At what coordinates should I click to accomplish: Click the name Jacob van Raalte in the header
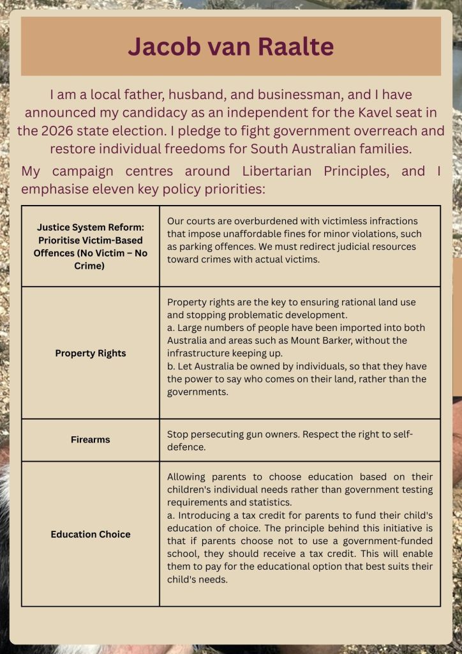click(230, 47)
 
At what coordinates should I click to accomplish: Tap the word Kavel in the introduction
click(359, 113)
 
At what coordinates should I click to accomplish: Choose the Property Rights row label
click(91, 353)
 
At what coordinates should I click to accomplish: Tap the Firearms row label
click(91, 439)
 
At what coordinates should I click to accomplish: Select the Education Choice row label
click(91, 534)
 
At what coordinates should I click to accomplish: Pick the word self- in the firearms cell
click(402, 434)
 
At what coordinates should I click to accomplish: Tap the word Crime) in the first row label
click(91, 265)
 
